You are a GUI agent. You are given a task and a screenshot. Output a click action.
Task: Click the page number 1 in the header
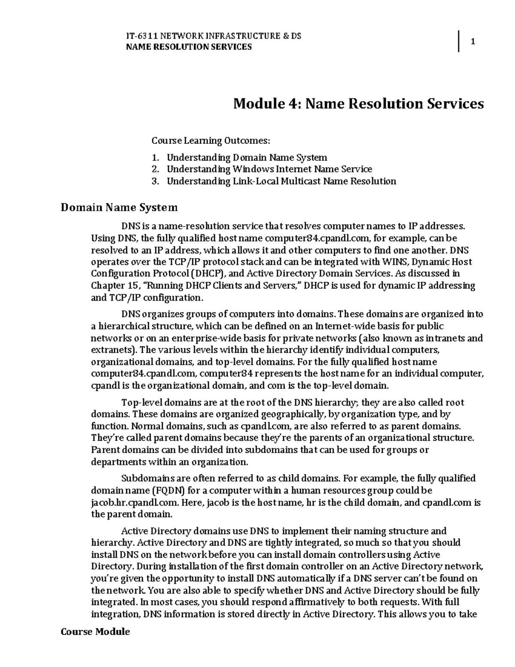point(473,42)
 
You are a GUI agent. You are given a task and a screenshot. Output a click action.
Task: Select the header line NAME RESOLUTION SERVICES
point(188,47)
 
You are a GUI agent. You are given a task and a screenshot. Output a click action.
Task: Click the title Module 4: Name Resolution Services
point(358,104)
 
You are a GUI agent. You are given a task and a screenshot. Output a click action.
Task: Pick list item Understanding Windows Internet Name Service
point(269,169)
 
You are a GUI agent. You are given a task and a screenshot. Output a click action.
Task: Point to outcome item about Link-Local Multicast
point(281,181)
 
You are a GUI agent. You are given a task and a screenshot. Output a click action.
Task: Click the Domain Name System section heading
point(119,208)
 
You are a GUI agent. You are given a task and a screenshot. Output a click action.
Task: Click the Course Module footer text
point(95,632)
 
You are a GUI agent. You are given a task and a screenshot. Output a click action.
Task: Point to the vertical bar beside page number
point(458,42)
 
